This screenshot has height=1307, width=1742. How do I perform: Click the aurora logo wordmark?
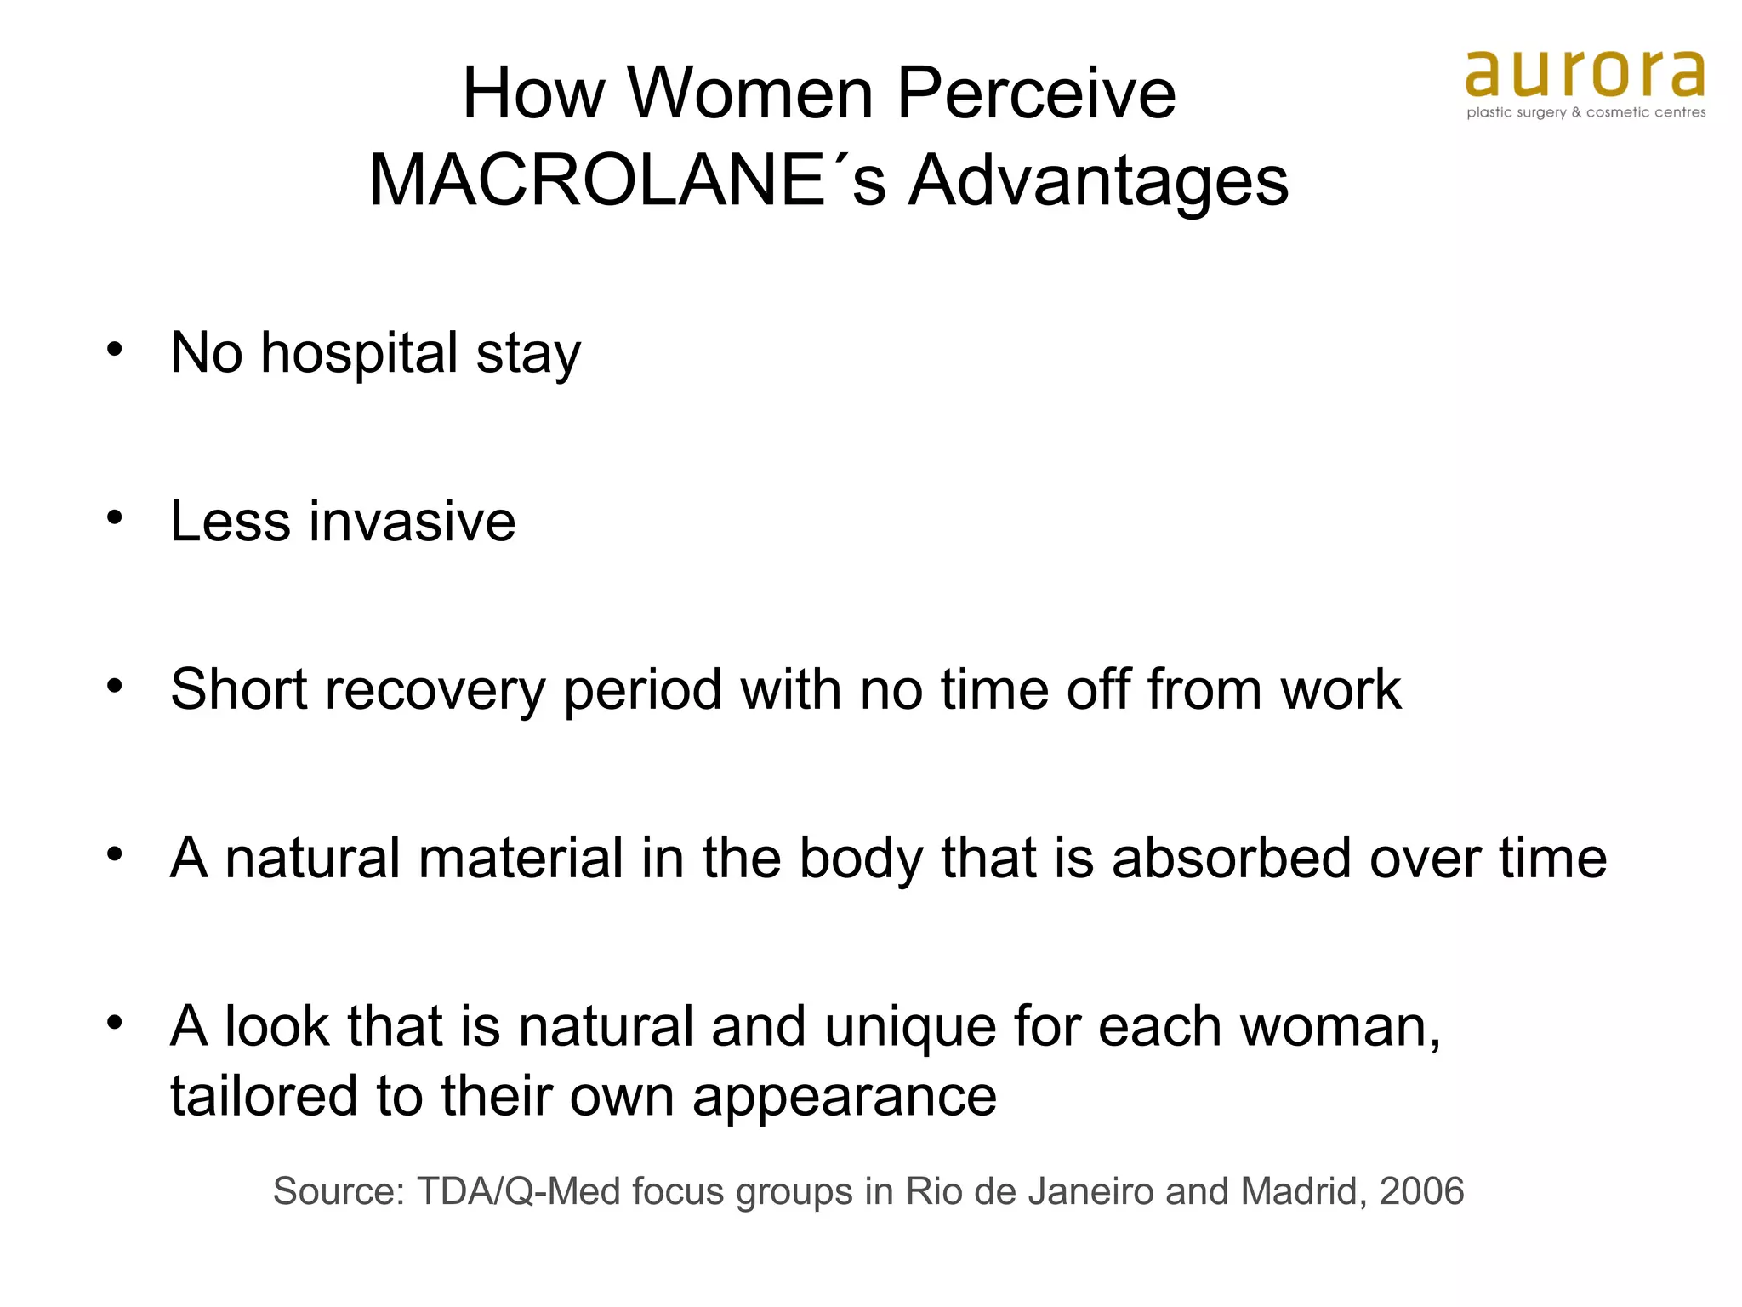click(x=1585, y=74)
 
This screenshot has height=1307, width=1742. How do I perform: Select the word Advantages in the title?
click(x=1098, y=182)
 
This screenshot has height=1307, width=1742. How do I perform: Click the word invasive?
click(x=412, y=521)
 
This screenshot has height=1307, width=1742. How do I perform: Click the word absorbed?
click(x=1232, y=858)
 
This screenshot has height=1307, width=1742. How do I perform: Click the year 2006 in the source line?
click(x=1421, y=1191)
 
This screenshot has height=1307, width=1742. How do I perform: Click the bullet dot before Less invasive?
click(x=115, y=517)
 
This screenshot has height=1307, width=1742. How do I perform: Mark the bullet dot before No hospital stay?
click(x=115, y=349)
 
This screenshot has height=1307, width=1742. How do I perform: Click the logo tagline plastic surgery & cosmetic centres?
click(x=1585, y=112)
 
